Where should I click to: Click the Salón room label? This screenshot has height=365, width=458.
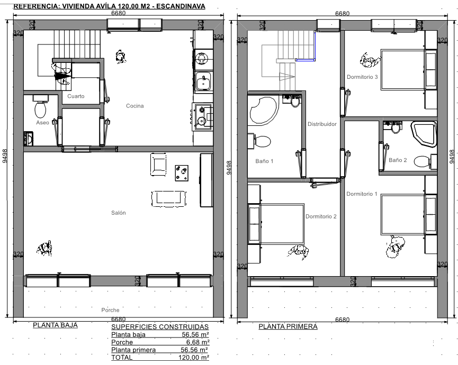[118, 213]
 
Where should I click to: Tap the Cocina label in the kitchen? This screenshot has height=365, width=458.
[134, 106]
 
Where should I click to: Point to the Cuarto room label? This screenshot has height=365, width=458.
[76, 96]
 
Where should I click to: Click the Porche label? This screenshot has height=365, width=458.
[110, 310]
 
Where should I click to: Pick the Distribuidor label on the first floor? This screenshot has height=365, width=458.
[322, 124]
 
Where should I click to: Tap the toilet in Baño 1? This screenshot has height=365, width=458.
[259, 141]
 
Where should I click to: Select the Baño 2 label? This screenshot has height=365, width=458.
[398, 160]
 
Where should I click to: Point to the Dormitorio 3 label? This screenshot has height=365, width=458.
[362, 77]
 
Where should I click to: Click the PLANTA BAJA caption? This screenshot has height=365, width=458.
[55, 325]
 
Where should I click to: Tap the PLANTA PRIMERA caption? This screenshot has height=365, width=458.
[288, 326]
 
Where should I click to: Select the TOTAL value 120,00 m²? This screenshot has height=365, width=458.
[194, 358]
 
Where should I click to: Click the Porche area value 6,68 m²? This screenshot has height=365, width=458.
[197, 342]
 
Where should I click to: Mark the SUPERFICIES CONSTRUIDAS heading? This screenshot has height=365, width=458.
[160, 327]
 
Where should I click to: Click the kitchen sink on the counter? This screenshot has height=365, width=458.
[203, 81]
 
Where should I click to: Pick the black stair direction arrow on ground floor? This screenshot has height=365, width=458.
[62, 76]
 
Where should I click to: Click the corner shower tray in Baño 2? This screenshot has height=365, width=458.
[424, 134]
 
